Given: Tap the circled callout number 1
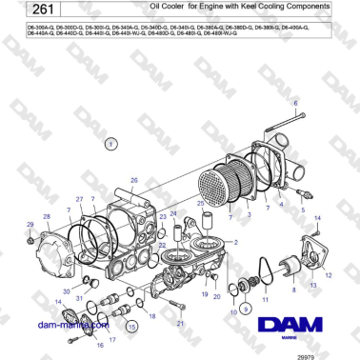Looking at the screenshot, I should point(110,144).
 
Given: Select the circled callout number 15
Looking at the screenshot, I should point(132,326).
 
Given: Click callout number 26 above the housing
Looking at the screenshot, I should point(134,180).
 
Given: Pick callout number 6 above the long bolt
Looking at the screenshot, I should point(295,101).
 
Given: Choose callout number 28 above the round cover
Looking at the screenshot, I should point(45,218).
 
